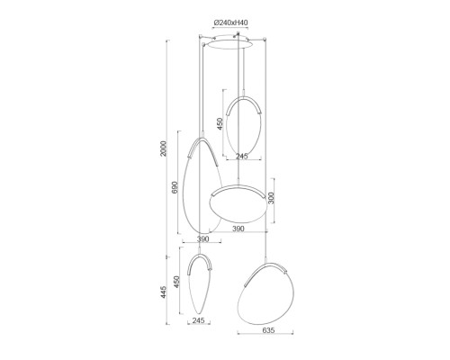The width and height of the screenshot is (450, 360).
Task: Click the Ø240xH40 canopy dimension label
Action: (x=230, y=22)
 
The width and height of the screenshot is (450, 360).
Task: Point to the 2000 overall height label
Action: (x=163, y=148)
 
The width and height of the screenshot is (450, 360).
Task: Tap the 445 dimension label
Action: (x=163, y=292)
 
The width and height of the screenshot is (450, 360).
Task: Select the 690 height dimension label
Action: (x=175, y=187)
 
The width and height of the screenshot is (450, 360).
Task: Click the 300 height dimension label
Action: (x=271, y=198)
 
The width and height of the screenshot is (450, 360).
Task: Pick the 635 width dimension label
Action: (x=268, y=330)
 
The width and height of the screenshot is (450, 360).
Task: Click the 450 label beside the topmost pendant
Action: (x=220, y=123)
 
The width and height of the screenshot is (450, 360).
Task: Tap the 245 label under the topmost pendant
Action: (x=241, y=156)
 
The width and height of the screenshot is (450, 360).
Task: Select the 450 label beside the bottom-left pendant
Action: (x=176, y=282)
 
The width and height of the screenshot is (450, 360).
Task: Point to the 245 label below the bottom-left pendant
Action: (x=198, y=320)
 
